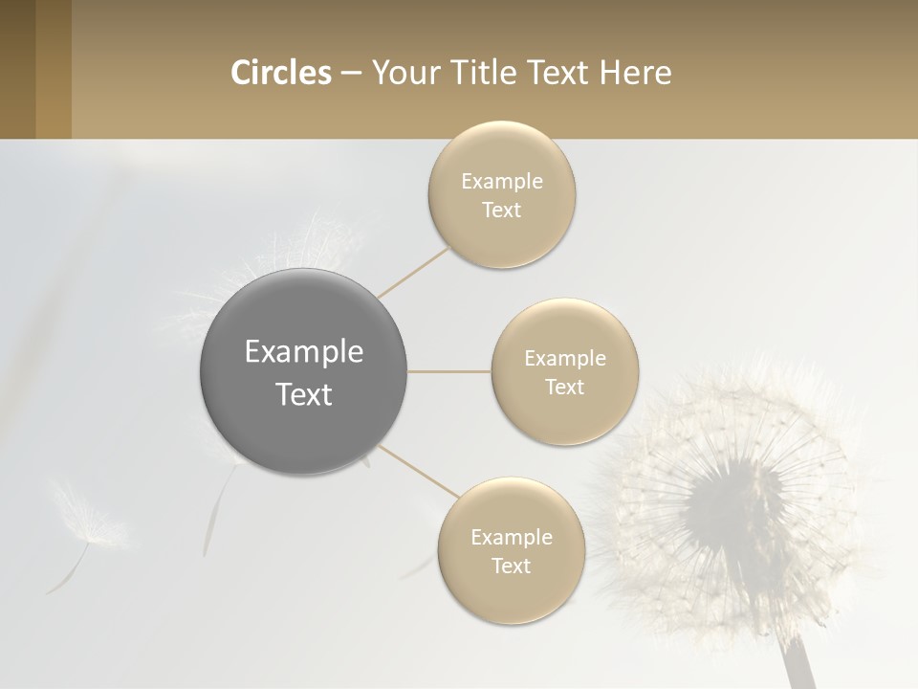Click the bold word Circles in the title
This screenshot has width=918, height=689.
coord(280,73)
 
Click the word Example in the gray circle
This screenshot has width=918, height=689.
coord(304,352)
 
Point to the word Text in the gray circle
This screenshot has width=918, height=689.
coord(304,394)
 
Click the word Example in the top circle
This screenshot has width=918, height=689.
coord(502,182)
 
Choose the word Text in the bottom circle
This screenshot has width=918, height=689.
coord(512,566)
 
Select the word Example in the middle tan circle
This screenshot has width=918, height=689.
coord(564,359)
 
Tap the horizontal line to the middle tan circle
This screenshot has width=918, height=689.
coord(449,371)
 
